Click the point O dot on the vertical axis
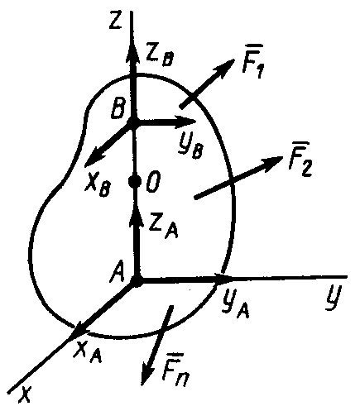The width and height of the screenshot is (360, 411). coord(135,181)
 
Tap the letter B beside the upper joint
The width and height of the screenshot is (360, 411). coord(119,108)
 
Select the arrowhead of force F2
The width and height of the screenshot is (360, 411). coord(271,163)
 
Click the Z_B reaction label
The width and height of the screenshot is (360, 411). coord(160,56)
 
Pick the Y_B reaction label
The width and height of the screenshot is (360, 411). coord(191,146)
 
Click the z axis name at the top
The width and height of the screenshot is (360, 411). coord(115,20)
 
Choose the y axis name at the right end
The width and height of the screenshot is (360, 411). coord(333,299)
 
